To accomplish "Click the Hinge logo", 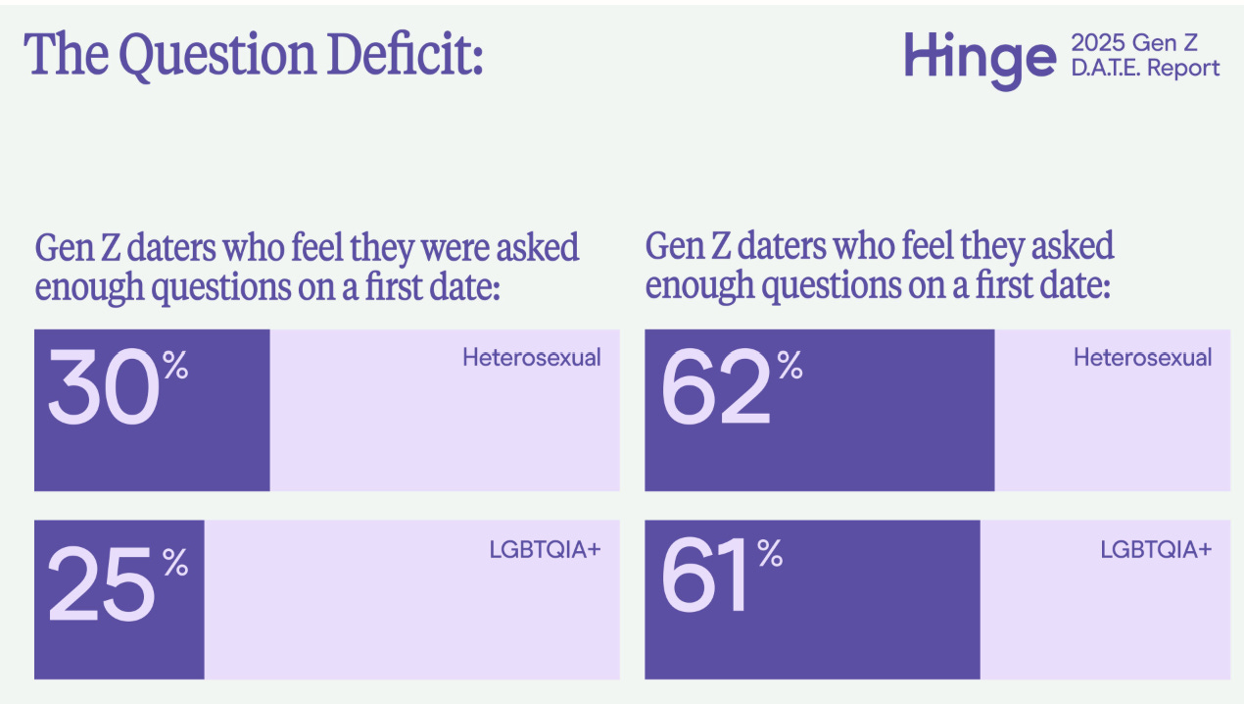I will pyautogui.click(x=979, y=58).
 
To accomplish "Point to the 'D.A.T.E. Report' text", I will pyautogui.click(x=1145, y=68).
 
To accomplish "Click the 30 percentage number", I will pyautogui.click(x=103, y=390).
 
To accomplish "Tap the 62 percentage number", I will pyautogui.click(x=716, y=390).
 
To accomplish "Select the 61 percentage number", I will pyautogui.click(x=705, y=580).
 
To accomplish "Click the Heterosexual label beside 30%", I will pyautogui.click(x=531, y=357).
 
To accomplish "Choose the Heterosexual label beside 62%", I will pyautogui.click(x=1142, y=357).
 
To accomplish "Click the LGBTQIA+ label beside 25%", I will pyautogui.click(x=545, y=549).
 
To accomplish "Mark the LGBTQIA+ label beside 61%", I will pyautogui.click(x=1156, y=549).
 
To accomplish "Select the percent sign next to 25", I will pyautogui.click(x=175, y=562).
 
